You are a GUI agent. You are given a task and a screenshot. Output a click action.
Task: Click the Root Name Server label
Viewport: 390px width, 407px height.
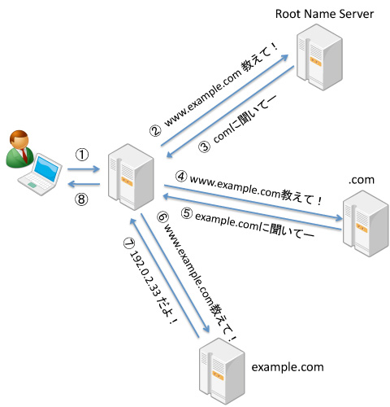(x=324, y=14)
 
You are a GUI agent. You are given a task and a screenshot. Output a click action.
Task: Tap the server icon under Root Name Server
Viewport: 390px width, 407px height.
(x=319, y=57)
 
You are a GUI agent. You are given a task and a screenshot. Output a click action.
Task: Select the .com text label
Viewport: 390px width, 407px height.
(x=362, y=180)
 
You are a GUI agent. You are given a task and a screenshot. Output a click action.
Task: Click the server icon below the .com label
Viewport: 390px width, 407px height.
(x=366, y=223)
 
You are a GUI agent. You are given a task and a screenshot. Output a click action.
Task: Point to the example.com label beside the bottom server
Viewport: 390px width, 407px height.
(x=288, y=367)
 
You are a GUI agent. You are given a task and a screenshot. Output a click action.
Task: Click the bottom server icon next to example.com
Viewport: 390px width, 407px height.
(x=222, y=371)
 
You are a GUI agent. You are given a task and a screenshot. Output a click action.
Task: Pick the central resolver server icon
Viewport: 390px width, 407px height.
(x=131, y=177)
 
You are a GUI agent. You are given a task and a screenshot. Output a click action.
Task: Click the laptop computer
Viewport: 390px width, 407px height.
(x=40, y=174)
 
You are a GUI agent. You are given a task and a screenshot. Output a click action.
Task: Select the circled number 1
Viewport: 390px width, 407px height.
(x=82, y=155)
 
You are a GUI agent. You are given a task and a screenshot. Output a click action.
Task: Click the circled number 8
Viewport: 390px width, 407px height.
(x=81, y=199)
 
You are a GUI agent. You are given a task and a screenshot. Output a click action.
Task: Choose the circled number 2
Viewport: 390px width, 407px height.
(x=155, y=131)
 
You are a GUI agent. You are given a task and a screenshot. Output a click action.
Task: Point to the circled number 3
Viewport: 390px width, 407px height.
(x=205, y=147)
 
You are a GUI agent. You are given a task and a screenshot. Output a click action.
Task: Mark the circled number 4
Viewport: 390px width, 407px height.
(x=181, y=177)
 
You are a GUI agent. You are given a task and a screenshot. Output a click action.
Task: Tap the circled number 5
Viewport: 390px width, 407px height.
(x=187, y=213)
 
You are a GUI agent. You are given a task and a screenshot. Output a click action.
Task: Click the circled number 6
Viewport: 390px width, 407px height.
(x=163, y=217)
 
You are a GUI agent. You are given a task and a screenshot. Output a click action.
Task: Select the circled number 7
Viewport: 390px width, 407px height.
(x=129, y=243)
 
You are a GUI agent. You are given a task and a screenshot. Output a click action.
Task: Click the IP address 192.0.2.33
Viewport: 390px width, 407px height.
(x=145, y=274)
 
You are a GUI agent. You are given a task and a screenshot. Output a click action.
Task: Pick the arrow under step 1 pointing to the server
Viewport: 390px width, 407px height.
(x=84, y=169)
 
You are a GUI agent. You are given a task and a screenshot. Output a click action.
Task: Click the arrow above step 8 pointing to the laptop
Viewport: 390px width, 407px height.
(x=84, y=184)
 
